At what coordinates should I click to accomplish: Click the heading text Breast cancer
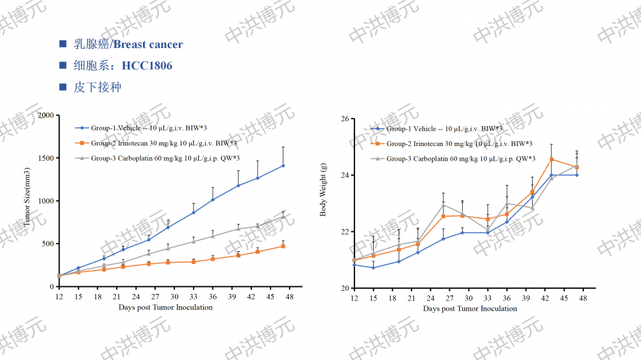tap(148, 44)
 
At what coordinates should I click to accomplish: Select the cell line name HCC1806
tap(147, 66)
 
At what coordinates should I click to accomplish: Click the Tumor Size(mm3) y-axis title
tap(28, 197)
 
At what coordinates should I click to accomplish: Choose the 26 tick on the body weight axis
tap(344, 119)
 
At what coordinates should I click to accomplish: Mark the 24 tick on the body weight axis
tap(344, 176)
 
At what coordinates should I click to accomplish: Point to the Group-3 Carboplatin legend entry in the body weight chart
tap(456, 158)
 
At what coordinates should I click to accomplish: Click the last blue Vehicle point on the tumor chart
tap(283, 165)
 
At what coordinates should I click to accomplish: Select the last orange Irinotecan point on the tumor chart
tap(283, 246)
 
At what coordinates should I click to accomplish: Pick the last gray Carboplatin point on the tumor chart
tap(283, 216)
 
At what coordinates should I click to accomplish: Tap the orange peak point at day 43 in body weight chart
tap(551, 159)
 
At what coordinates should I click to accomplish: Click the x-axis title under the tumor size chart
tap(165, 307)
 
